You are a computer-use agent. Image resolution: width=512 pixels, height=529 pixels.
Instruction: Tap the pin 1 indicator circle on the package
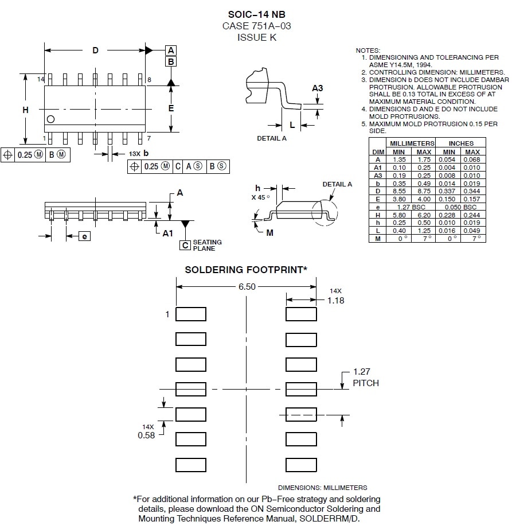tap(51, 119)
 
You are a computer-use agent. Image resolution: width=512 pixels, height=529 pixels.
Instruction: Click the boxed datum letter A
tap(171, 50)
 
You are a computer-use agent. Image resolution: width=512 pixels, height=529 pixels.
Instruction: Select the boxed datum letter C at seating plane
tap(185, 246)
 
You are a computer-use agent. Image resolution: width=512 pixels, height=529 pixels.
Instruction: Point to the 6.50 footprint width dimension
tap(247, 287)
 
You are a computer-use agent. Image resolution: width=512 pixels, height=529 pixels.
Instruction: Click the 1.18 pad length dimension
tap(335, 300)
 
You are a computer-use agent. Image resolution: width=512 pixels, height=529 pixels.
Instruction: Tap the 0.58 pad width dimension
tap(146, 435)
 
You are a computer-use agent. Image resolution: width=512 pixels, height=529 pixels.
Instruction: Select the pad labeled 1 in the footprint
tap(190, 314)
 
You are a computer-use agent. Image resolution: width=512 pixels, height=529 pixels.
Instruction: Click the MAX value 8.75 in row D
tap(424, 191)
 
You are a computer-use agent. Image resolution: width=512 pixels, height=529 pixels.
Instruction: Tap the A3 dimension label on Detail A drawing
tap(318, 88)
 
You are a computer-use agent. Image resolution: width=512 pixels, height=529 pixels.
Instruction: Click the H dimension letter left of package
tap(25, 109)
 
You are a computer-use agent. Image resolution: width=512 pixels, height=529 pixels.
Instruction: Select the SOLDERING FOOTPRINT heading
tap(246, 269)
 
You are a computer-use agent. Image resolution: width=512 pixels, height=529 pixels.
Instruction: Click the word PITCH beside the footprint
tap(365, 383)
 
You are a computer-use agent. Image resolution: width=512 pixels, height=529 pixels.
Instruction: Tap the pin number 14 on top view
tap(41, 79)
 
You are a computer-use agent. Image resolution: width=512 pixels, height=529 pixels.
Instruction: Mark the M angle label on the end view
tap(269, 232)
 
